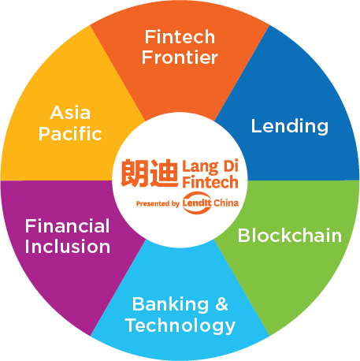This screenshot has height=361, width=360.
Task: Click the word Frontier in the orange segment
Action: click(180, 58)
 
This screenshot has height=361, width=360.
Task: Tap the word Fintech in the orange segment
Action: click(180, 37)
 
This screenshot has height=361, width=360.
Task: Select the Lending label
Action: click(290, 127)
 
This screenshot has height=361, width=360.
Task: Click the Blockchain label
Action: click(290, 235)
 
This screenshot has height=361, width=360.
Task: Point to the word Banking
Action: click(170, 305)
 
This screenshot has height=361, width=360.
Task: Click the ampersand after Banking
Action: click(222, 304)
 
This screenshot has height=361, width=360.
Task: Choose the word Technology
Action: click(180, 326)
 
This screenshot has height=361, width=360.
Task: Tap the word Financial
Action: click(67, 225)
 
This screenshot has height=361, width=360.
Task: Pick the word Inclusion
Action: click(68, 247)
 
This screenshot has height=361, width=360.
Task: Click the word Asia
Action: click(70, 113)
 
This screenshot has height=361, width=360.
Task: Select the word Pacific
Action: click(70, 133)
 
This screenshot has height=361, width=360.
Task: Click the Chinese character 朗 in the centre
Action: click(135, 173)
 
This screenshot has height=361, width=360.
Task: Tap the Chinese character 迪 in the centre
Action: click(164, 173)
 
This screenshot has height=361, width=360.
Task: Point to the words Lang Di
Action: click(210, 167)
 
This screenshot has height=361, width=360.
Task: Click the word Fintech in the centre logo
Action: click(210, 182)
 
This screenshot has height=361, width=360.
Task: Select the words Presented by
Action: click(158, 203)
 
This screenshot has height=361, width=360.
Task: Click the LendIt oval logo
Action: click(197, 203)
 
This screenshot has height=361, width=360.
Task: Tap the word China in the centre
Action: click(226, 203)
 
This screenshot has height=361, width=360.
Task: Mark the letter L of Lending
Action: click(256, 125)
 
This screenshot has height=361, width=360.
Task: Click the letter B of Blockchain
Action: click(243, 235)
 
